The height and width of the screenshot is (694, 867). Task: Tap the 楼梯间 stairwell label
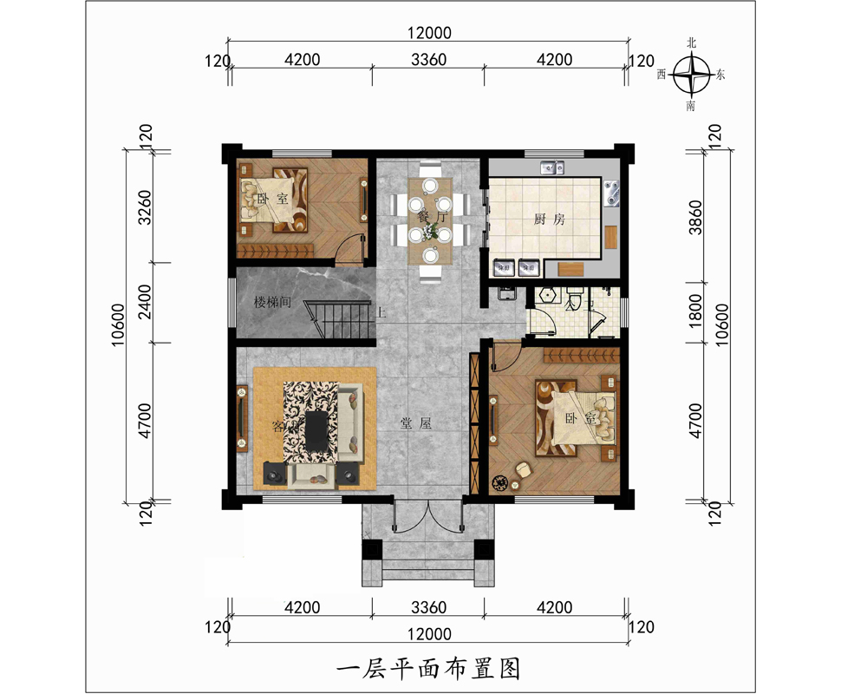(271, 303)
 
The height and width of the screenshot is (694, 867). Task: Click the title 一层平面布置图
(427, 668)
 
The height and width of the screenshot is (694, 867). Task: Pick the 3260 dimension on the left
(145, 206)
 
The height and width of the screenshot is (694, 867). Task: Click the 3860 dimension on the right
(716, 217)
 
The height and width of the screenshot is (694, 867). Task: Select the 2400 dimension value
(145, 303)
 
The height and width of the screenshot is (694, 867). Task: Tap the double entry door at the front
(427, 519)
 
